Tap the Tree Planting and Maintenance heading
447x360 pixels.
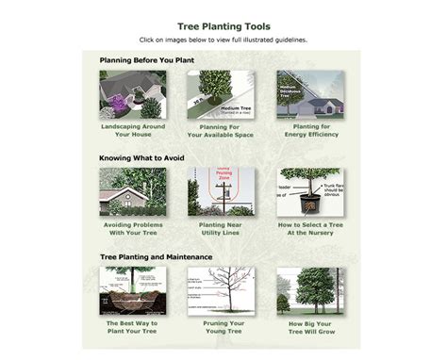tap(156, 255)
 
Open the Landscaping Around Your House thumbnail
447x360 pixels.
tap(132, 94)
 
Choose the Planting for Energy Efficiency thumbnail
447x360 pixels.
tap(309, 94)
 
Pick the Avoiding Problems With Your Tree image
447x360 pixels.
tap(132, 192)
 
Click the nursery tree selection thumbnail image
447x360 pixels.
tap(309, 192)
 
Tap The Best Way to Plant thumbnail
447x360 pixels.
tap(132, 290)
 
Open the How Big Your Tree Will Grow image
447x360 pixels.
tap(309, 290)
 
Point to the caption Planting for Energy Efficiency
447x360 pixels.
tap(309, 130)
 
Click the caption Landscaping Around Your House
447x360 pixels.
tap(132, 130)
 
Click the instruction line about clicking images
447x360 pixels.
tap(223, 41)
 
